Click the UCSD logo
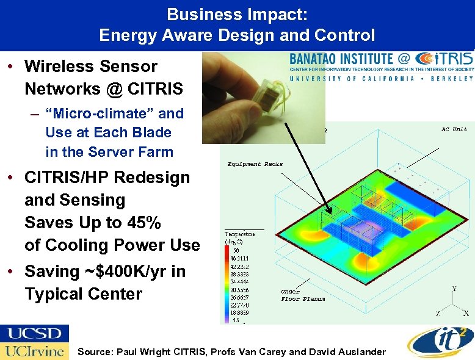tap(34, 334)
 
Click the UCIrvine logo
tap(34, 351)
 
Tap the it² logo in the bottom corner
tap(438, 341)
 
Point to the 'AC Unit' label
tap(454, 129)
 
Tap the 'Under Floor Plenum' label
tap(303, 295)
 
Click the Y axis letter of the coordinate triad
tap(453, 289)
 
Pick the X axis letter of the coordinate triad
tap(466, 314)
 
